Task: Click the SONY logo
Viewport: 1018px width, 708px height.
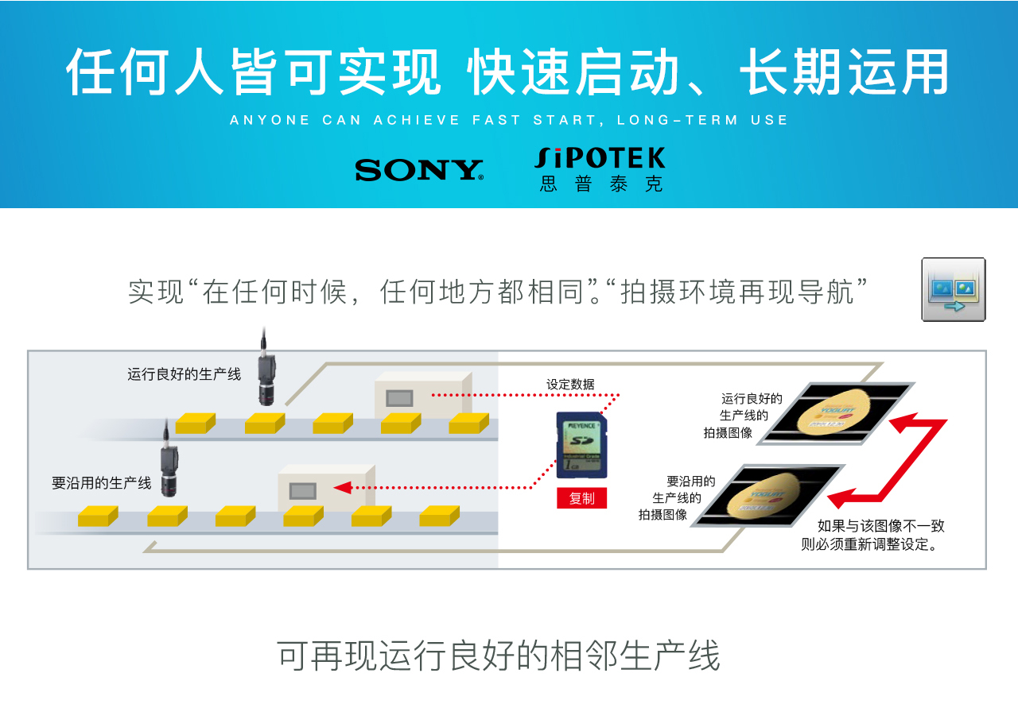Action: (x=419, y=169)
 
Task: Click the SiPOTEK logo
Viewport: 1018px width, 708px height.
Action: (x=600, y=168)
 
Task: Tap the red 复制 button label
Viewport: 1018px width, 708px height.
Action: (x=581, y=498)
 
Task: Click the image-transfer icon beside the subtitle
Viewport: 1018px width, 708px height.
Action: (x=954, y=289)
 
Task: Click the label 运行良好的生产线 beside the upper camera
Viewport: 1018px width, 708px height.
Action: (x=184, y=373)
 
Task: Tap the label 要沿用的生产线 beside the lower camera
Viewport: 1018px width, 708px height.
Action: (x=101, y=482)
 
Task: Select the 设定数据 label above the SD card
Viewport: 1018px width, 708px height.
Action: (x=569, y=385)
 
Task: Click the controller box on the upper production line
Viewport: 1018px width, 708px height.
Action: (x=422, y=395)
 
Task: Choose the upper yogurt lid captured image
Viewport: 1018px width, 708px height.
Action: (x=834, y=412)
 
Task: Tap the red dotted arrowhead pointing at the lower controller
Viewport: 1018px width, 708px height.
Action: (x=344, y=487)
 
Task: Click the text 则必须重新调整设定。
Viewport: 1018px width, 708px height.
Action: (x=872, y=545)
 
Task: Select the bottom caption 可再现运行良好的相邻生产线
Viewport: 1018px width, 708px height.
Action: (x=498, y=656)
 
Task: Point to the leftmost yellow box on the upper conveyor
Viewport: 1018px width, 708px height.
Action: (x=195, y=423)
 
